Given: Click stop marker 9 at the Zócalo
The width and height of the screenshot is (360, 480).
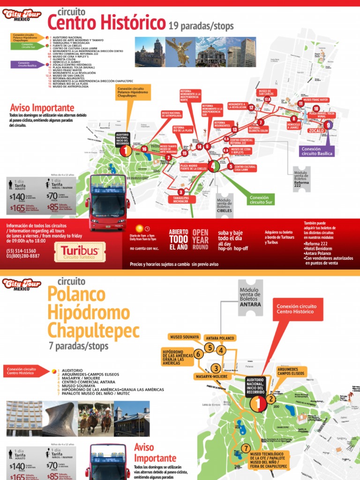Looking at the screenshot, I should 329,125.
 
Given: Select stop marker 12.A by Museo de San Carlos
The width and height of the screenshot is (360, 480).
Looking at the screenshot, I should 267,99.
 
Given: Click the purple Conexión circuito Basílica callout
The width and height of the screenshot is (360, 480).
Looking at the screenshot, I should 317,151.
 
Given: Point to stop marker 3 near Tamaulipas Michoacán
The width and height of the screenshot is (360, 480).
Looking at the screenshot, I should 181,192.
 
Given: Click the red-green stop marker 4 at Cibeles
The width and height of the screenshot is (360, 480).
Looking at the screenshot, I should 213,165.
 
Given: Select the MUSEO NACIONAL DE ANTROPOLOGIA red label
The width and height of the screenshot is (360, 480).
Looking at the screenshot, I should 172,114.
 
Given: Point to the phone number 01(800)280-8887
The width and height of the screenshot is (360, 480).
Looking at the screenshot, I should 23,256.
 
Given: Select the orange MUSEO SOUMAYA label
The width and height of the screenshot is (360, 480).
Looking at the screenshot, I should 185,337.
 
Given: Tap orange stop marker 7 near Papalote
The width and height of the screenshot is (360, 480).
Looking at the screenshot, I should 247,448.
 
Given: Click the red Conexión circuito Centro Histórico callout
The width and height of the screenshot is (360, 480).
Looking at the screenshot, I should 297,310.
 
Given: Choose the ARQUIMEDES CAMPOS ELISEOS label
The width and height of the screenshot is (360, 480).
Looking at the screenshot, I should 291,372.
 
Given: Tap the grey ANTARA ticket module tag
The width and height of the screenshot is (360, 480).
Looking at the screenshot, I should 250,298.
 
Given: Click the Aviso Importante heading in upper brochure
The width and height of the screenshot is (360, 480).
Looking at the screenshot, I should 43,108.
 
